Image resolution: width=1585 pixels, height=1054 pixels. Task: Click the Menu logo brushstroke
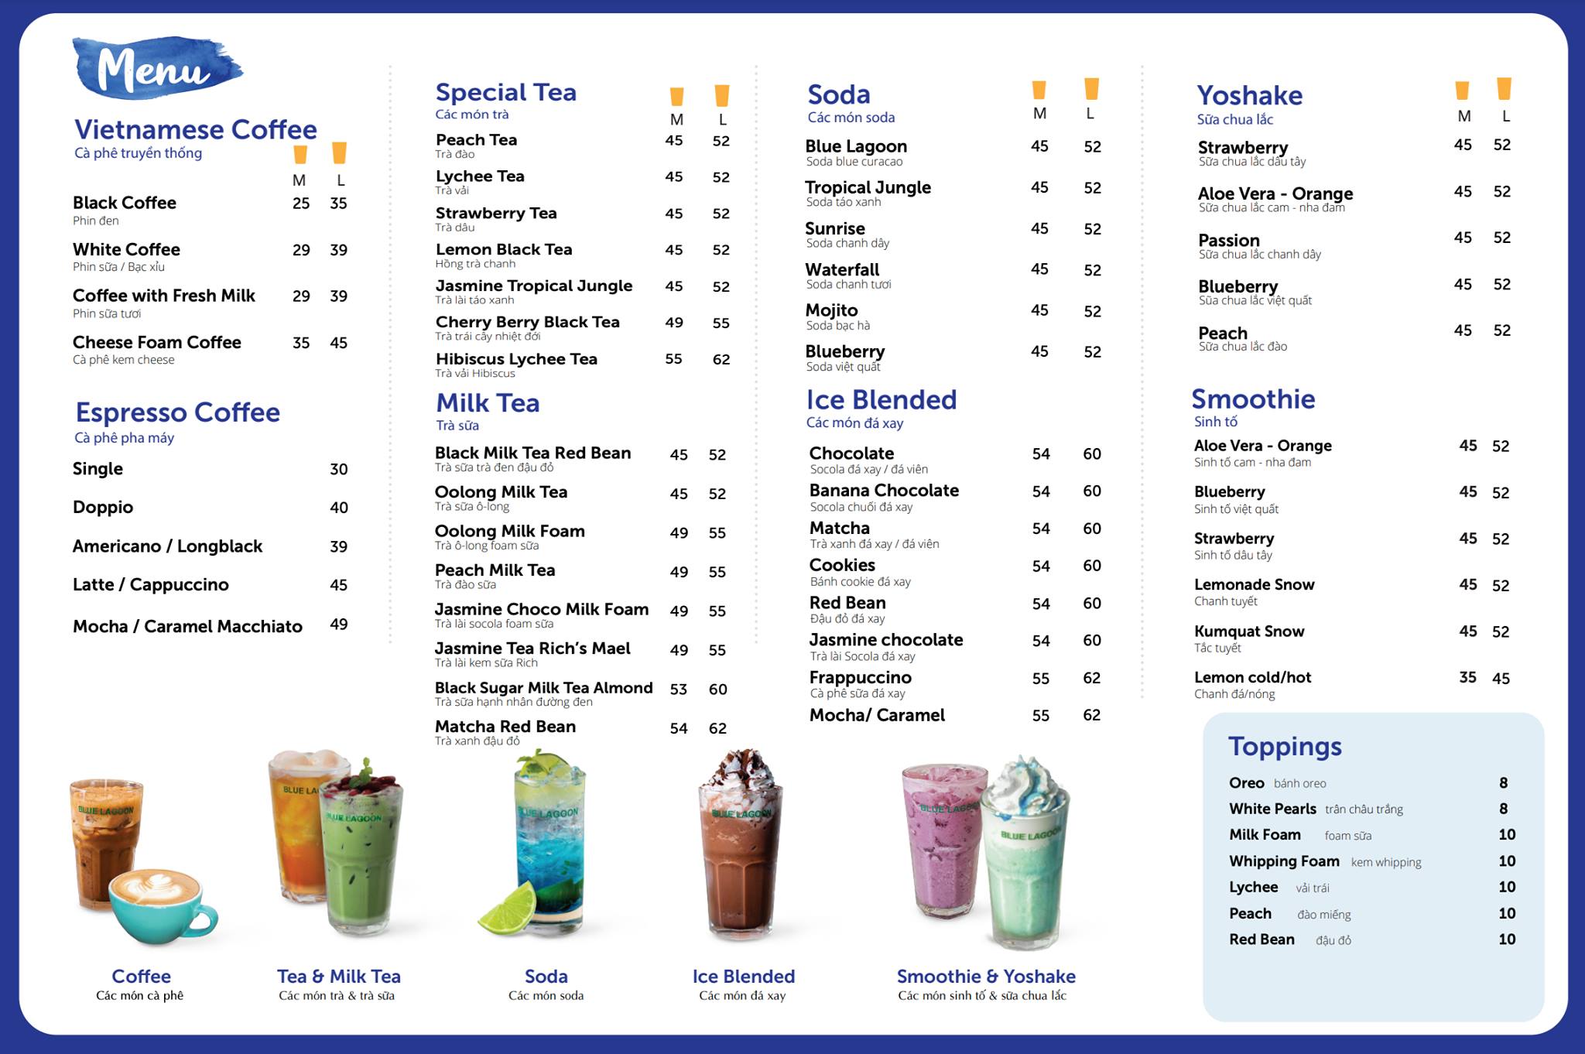(x=156, y=68)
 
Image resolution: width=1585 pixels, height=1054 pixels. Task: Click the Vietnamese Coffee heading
(x=195, y=129)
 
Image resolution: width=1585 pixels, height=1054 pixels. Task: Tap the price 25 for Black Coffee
(x=301, y=204)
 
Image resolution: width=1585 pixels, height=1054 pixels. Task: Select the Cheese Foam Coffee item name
(x=157, y=342)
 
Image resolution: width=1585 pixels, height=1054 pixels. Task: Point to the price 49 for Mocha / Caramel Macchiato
(x=338, y=625)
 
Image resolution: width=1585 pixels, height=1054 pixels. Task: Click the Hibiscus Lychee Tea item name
(x=516, y=359)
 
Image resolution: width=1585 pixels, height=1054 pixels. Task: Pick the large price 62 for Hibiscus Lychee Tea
(x=721, y=359)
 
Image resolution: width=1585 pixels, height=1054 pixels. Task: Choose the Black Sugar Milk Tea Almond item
(x=543, y=688)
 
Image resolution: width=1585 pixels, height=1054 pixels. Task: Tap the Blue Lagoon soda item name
(x=856, y=146)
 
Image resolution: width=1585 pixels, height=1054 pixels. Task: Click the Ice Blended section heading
(x=882, y=400)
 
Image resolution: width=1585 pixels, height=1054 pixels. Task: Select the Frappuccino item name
(x=861, y=678)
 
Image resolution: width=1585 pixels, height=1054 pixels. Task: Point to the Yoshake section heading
(x=1249, y=95)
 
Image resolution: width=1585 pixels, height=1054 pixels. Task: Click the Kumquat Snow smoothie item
(x=1249, y=631)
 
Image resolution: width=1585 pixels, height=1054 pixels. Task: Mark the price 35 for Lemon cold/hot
(x=1467, y=678)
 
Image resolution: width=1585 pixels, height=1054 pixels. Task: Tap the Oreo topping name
(x=1246, y=783)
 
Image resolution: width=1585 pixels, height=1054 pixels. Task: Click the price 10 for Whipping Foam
(x=1507, y=861)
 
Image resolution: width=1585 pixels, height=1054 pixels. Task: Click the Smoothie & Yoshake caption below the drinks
(x=986, y=977)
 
